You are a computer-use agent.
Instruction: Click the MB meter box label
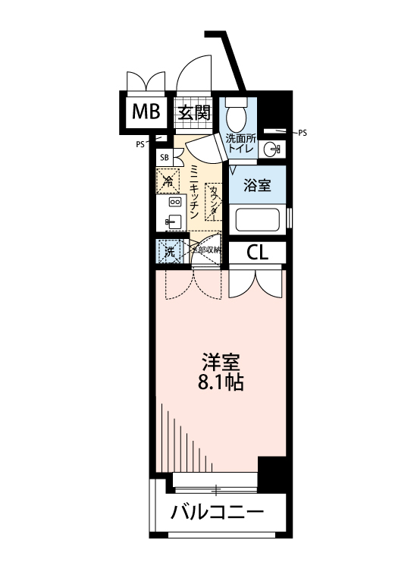146,113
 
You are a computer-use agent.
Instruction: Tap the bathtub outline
259,220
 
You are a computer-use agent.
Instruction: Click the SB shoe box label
165,157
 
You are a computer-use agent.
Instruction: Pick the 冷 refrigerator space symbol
168,181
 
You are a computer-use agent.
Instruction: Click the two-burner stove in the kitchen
174,203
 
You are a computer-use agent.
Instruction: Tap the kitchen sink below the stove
173,222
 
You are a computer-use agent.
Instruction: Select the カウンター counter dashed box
214,202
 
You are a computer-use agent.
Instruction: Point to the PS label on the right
303,132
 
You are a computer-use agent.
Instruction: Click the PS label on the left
140,144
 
